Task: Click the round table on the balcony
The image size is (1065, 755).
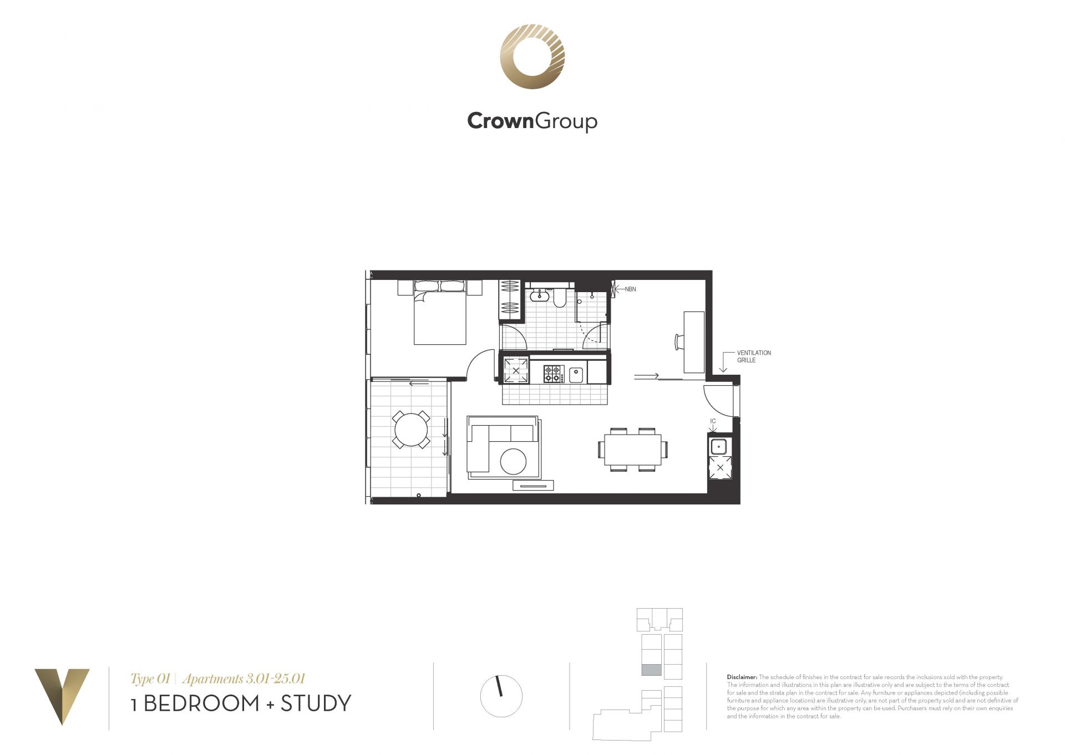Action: pyautogui.click(x=411, y=429)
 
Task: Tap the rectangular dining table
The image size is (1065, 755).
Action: pyautogui.click(x=632, y=450)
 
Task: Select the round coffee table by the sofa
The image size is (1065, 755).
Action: pyautogui.click(x=513, y=461)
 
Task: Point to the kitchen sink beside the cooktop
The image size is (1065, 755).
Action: pyautogui.click(x=576, y=375)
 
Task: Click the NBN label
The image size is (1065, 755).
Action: pyautogui.click(x=630, y=289)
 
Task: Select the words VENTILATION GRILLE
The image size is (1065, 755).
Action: pyautogui.click(x=754, y=356)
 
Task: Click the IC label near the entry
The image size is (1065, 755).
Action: pyautogui.click(x=713, y=421)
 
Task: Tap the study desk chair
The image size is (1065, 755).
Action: pyautogui.click(x=679, y=341)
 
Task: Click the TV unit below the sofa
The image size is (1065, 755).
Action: pyautogui.click(x=533, y=486)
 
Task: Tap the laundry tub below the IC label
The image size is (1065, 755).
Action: pyautogui.click(x=719, y=446)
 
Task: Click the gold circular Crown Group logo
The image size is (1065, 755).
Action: pyautogui.click(x=532, y=57)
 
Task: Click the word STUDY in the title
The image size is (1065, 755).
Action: pyautogui.click(x=316, y=703)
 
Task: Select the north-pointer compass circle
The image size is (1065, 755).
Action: pyautogui.click(x=501, y=696)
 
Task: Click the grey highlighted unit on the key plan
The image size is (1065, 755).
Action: pyautogui.click(x=651, y=670)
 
